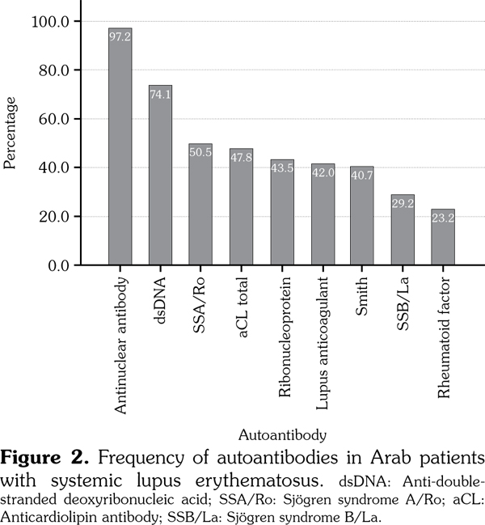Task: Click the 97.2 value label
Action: (x=120, y=37)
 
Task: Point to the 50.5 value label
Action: (x=200, y=151)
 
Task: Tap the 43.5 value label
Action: (x=281, y=168)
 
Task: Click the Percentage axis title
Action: (x=11, y=133)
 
